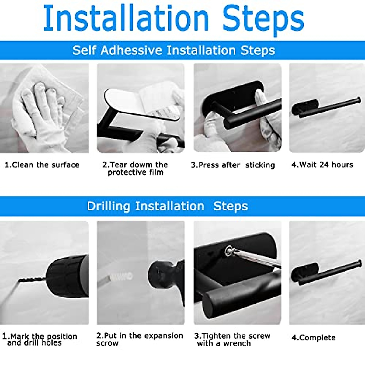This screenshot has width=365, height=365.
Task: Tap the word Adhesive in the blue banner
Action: point(131,50)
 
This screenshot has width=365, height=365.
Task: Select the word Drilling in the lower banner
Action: point(109,206)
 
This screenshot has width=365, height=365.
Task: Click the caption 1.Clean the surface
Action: point(42,165)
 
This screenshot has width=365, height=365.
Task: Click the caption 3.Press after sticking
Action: point(233,165)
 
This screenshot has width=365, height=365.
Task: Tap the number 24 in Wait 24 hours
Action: point(324,165)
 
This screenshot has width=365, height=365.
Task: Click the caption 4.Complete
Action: point(313,338)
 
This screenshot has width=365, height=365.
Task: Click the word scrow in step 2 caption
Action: point(107,343)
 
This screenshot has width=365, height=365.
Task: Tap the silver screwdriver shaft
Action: point(259,259)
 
